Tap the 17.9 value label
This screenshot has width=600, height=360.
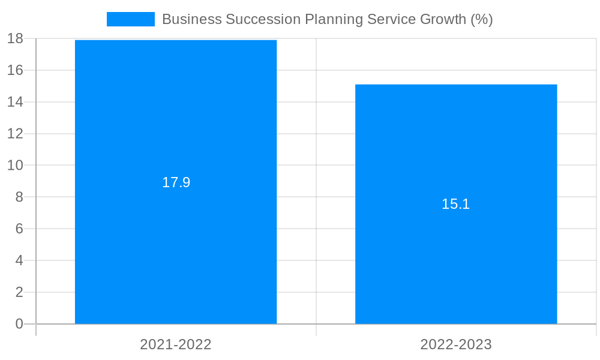click(176, 182)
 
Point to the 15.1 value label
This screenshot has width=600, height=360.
click(456, 204)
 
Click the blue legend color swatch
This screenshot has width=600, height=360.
click(130, 19)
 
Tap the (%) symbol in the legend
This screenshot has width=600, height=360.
click(482, 19)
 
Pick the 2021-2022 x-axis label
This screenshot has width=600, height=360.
click(176, 344)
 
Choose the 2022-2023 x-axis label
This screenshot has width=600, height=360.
click(456, 344)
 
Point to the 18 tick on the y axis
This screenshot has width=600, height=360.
click(15, 38)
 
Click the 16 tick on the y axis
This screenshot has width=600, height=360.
click(15, 70)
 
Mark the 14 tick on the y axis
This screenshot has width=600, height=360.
click(15, 102)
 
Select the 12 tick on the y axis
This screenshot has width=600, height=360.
click(15, 134)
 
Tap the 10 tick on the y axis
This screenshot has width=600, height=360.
click(15, 165)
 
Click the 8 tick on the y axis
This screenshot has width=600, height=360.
click(19, 197)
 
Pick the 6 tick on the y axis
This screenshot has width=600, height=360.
click(19, 229)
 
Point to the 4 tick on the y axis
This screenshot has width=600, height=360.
click(19, 260)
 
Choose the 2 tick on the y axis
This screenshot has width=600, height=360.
click(19, 292)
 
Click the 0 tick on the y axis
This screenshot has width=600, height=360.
click(19, 324)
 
